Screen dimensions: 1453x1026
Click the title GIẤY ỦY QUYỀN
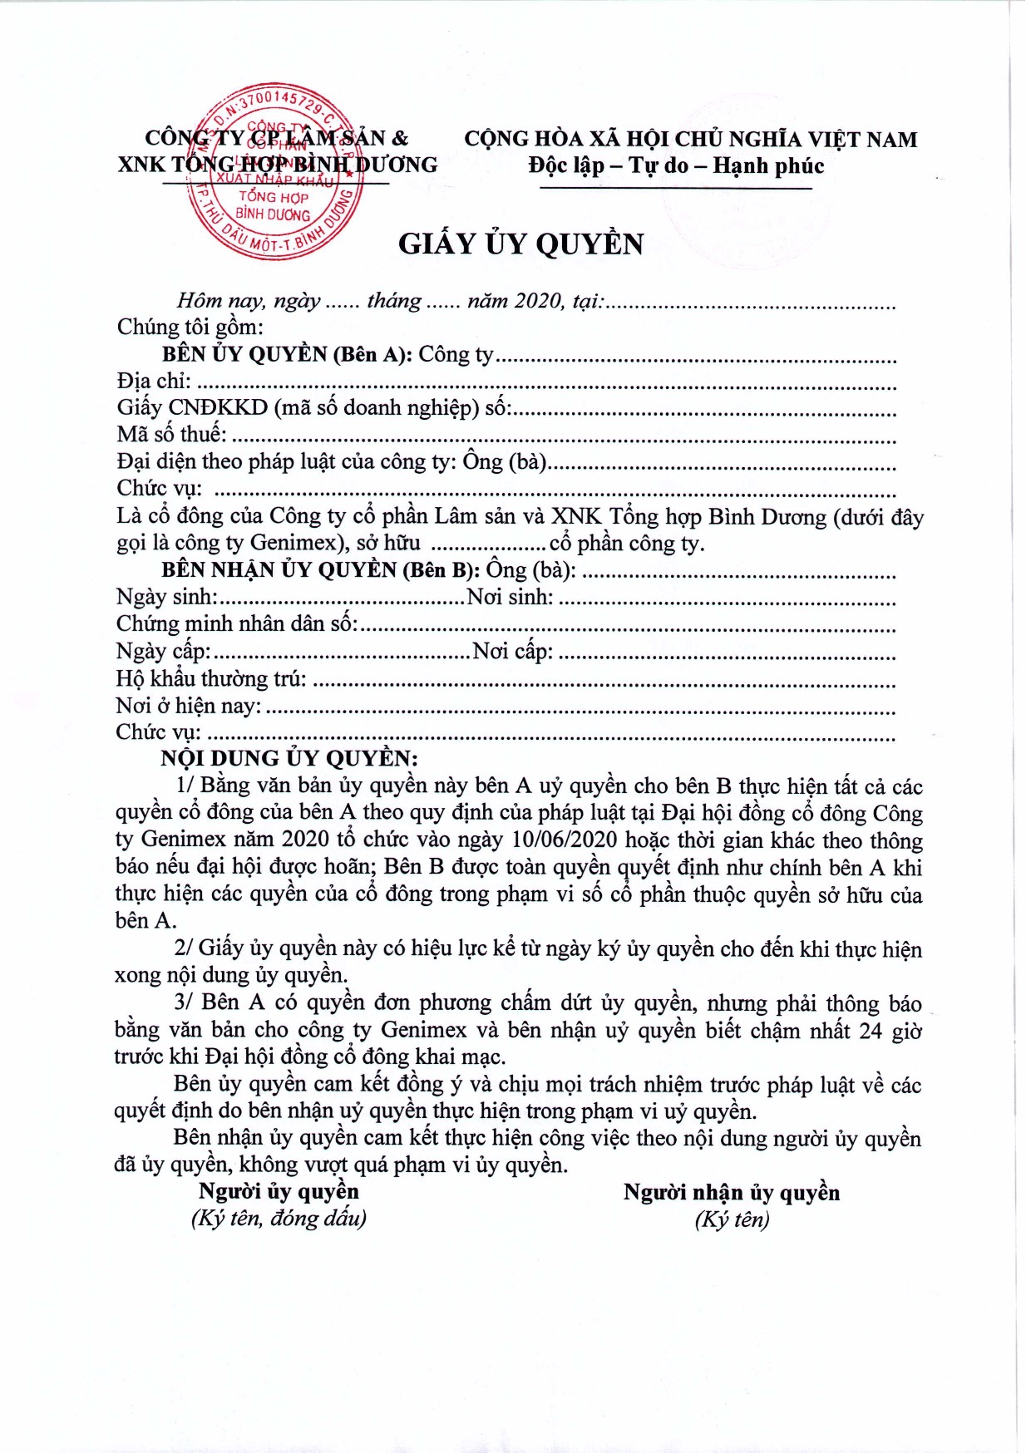tap(520, 244)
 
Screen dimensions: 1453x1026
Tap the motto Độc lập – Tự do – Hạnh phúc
tap(676, 165)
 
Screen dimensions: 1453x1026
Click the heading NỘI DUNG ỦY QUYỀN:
tap(289, 758)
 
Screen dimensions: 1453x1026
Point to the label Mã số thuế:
tap(171, 434)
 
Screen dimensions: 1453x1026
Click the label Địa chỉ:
tap(154, 381)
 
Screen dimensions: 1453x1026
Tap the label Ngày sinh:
tap(166, 597)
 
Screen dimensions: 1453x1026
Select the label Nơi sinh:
tap(510, 597)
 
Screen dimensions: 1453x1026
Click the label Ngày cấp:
tap(163, 651)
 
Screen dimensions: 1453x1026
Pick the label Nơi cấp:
tap(512, 651)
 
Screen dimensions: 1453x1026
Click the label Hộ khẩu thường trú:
tap(211, 678)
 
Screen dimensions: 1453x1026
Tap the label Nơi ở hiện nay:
tap(189, 706)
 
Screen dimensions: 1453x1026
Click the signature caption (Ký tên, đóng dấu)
tap(279, 1219)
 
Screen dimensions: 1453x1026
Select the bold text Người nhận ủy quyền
tap(732, 1192)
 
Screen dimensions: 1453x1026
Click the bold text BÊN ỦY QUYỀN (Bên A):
tap(287, 354)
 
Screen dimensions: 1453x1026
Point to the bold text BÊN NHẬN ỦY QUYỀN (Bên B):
tap(320, 570)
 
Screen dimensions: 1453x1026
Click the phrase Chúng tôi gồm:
tap(190, 327)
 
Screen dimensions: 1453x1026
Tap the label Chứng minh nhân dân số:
tap(237, 623)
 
